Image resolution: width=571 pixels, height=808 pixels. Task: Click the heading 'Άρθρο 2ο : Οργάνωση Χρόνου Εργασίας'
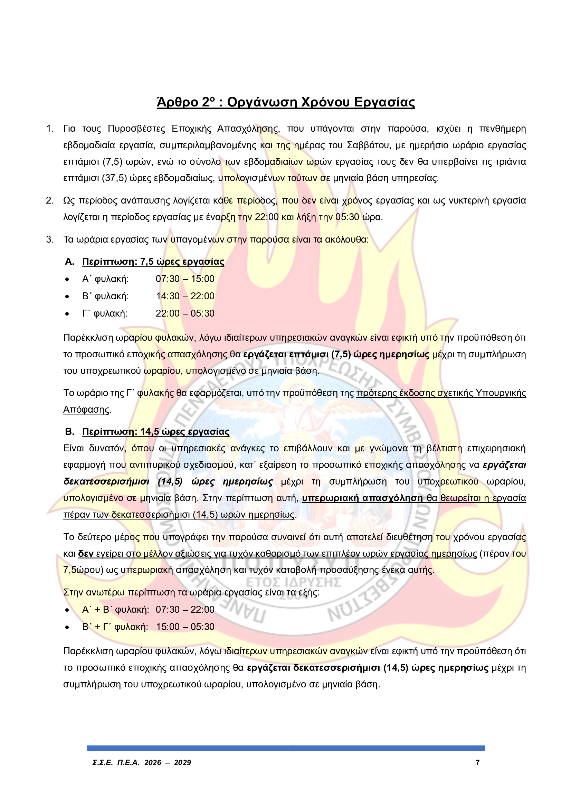pos(285,102)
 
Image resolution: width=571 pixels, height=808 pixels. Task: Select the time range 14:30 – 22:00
pos(185,296)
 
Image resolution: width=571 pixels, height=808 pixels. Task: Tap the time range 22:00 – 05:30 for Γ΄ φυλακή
pos(185,313)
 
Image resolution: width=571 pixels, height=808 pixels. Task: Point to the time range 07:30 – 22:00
pos(185,609)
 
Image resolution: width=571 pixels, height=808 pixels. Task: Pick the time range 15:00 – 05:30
pos(185,627)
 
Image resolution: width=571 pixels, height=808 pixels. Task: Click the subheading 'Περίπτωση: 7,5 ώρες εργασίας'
pos(153,262)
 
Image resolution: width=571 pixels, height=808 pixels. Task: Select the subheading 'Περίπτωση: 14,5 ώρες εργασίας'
pos(155,431)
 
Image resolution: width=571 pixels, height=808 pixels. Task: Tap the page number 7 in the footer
pos(477,763)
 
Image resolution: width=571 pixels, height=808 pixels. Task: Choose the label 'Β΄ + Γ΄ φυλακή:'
pos(115,627)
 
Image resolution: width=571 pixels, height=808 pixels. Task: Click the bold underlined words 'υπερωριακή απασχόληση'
pos(362,498)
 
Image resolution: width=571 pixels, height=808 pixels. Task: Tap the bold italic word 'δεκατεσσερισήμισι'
pos(106,481)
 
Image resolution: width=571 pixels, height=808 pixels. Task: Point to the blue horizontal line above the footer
pos(286,748)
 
